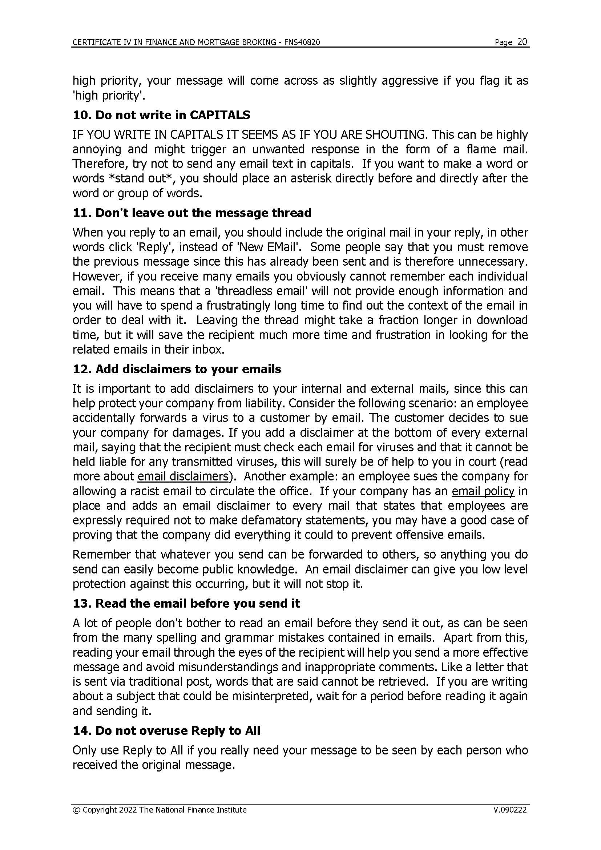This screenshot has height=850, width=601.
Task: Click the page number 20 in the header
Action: point(522,42)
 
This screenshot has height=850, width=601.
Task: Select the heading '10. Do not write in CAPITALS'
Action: point(161,115)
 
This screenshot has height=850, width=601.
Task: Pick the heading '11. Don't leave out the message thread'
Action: point(192,213)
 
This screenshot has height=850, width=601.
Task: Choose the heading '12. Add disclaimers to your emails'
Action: point(177,369)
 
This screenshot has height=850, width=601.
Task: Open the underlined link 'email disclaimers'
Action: point(183,476)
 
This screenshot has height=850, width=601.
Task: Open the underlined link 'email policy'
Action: point(483,491)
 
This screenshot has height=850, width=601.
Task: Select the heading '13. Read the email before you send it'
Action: point(186,604)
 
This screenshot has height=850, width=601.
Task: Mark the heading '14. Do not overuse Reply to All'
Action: point(166,731)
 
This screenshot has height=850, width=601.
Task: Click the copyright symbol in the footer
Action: point(77,810)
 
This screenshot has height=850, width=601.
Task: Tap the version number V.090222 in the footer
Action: point(509,810)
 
